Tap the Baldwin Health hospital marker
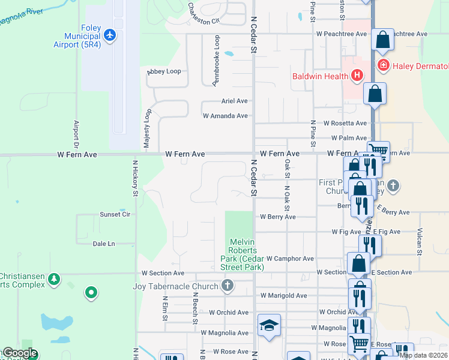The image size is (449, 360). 357,76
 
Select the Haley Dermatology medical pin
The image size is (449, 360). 382,65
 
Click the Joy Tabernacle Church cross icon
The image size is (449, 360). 228,285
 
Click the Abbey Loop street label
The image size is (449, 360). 164,71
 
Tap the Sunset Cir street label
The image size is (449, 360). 115,214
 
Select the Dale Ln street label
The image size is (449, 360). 104,244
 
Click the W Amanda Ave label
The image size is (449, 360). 225,116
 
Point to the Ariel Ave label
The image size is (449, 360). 234,101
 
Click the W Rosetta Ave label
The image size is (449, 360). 345,123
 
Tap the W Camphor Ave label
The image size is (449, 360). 290,259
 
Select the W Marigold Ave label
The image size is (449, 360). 284,295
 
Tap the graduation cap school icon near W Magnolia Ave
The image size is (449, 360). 269,325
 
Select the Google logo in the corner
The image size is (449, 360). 19,353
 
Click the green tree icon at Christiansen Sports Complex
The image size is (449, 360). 54,280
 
